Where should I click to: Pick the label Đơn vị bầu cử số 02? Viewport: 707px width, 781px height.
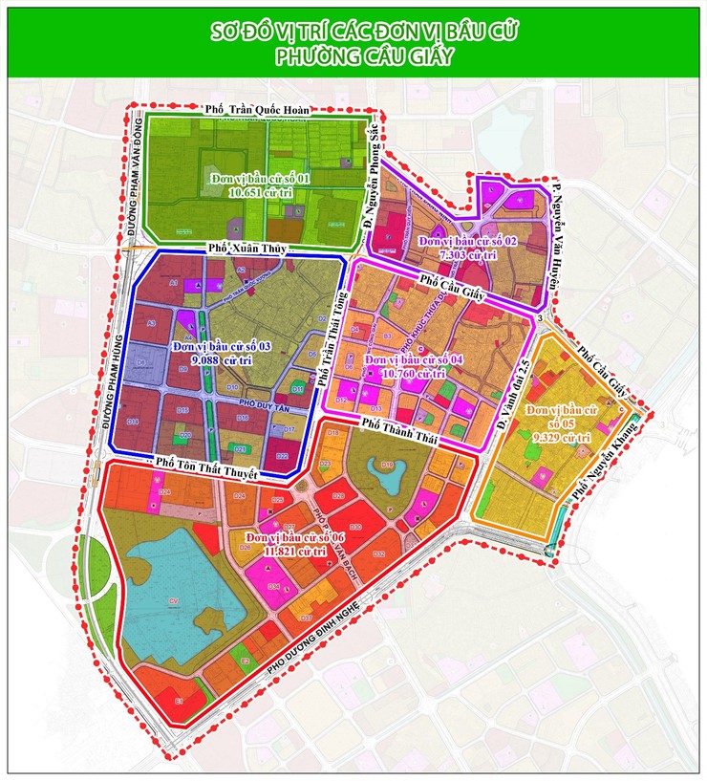pos(467,242)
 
